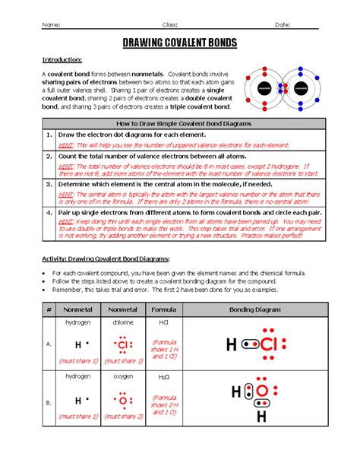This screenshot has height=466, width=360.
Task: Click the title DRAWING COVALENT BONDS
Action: [x=180, y=43]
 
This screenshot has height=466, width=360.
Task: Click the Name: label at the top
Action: [x=51, y=24]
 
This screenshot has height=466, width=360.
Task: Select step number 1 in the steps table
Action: [x=48, y=134]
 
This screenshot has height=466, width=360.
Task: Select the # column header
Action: [x=48, y=310]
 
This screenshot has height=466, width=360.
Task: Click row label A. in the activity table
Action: [x=48, y=344]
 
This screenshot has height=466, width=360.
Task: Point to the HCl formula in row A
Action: [x=163, y=322]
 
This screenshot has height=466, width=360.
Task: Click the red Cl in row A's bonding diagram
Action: [x=270, y=346]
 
